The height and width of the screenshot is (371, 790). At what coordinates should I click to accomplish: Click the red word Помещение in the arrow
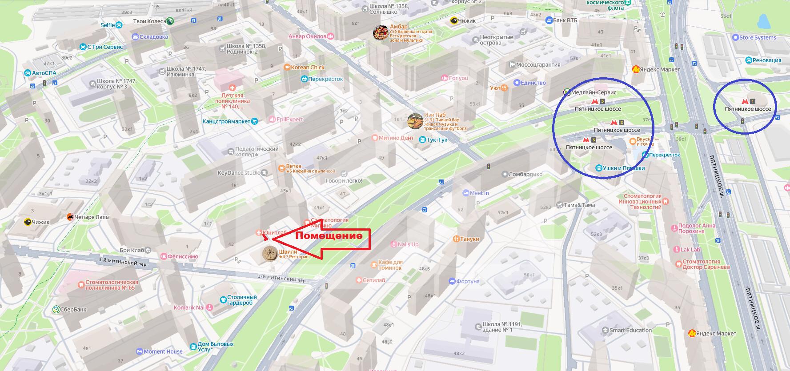tap(329, 235)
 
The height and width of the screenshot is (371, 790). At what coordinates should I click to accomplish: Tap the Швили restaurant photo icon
tap(269, 254)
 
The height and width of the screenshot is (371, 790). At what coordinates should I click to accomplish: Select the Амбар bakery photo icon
tap(380, 33)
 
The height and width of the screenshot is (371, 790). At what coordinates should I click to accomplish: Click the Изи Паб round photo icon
tap(415, 121)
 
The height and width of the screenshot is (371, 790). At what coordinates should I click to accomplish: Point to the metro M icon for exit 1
tap(745, 102)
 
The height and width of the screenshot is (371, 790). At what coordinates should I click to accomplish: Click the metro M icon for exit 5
tap(595, 102)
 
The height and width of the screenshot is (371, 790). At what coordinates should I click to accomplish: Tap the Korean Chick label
tap(308, 68)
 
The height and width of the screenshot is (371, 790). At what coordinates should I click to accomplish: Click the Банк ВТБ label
tap(565, 20)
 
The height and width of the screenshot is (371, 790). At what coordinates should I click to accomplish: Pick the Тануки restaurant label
tap(469, 239)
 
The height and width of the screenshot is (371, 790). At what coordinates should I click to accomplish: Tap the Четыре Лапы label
tap(92, 217)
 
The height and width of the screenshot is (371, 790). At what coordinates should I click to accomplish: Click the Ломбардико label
tap(525, 174)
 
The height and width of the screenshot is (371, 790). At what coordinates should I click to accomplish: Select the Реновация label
tap(766, 60)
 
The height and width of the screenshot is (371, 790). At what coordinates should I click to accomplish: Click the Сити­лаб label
tap(373, 280)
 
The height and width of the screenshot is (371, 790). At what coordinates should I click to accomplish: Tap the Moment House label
tap(163, 351)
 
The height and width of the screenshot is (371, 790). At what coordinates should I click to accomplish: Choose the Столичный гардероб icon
tap(223, 300)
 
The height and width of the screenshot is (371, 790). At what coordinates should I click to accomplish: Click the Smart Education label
tap(630, 330)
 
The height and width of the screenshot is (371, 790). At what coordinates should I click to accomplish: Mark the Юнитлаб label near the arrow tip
tap(274, 232)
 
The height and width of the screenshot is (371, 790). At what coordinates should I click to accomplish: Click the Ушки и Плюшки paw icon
tap(599, 168)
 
